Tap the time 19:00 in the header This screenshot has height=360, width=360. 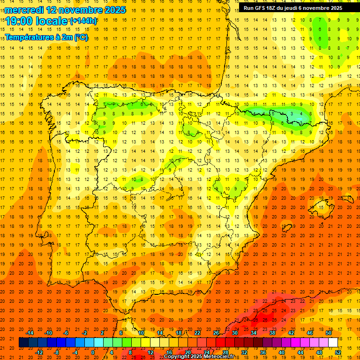(20, 22)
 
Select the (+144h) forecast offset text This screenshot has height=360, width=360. (83, 21)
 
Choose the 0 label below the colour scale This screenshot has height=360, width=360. (93, 352)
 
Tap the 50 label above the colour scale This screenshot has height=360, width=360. (328, 333)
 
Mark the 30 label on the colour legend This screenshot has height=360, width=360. (234, 333)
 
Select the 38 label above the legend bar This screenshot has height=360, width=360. (272, 333)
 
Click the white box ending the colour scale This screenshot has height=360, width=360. (333, 342)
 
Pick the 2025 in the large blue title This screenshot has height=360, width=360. (112, 10)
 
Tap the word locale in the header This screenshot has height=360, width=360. (52, 22)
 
